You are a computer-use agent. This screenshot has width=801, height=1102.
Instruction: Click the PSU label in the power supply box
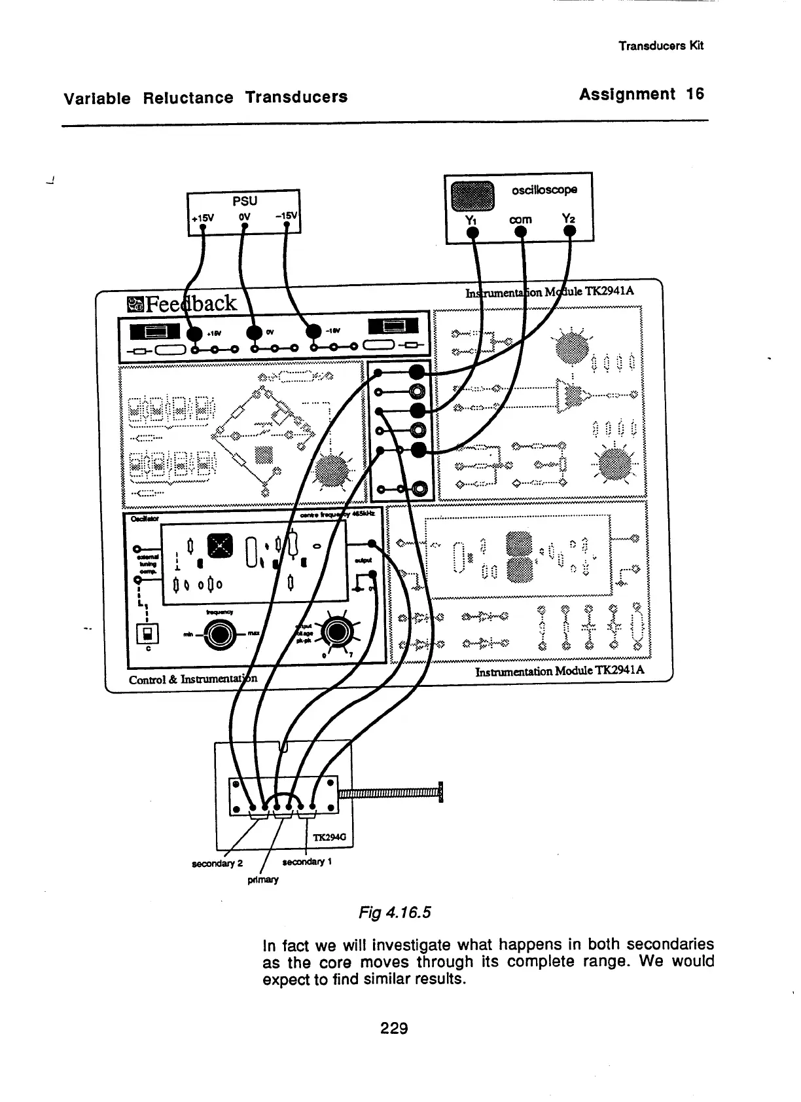(x=245, y=200)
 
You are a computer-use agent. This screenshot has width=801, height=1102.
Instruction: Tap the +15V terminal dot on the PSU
(x=203, y=227)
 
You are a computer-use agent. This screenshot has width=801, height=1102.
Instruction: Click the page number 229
(x=394, y=1028)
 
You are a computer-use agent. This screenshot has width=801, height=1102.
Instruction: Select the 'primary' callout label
(x=263, y=879)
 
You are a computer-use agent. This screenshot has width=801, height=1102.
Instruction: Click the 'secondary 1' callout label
(x=308, y=862)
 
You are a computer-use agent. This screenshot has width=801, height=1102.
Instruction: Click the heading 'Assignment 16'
(x=641, y=94)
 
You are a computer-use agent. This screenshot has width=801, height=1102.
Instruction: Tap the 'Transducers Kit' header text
(x=661, y=45)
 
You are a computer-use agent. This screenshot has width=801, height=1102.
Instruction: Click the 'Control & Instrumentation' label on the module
(x=193, y=679)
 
